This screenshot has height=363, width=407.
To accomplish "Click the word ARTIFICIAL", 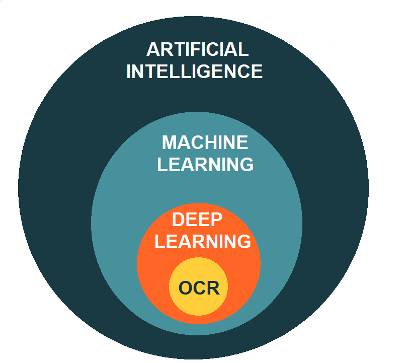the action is (x=198, y=49).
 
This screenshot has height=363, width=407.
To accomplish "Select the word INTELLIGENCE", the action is (x=194, y=71).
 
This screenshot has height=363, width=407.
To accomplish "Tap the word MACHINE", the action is (x=205, y=142).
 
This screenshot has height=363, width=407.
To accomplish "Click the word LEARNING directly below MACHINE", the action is (x=205, y=164).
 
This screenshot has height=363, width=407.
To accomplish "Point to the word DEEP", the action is (x=197, y=220).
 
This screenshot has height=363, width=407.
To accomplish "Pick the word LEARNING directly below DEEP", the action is (x=203, y=241).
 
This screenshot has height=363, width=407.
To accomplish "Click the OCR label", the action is (x=199, y=287).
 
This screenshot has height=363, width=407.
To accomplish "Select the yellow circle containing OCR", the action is (x=199, y=286).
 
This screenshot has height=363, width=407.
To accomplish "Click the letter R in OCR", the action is (x=213, y=287).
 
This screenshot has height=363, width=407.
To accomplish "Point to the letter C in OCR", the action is (x=199, y=287).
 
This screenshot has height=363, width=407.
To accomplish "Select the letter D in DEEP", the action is (x=178, y=220).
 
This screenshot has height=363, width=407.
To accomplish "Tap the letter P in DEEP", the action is (x=217, y=220).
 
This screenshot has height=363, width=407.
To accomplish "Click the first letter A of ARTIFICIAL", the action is (x=153, y=49).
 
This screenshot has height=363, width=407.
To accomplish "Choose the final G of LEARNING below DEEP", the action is (x=244, y=241).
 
